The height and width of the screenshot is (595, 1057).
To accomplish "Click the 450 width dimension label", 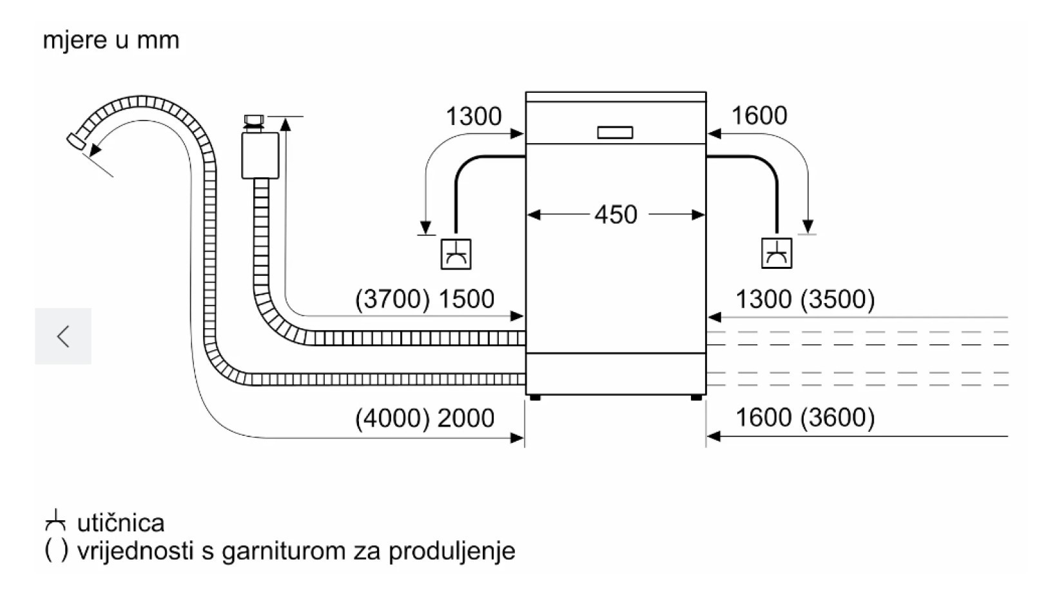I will (616, 215).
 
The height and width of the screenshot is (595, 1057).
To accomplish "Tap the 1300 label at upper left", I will (473, 117).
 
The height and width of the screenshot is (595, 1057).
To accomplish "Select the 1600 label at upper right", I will (759, 116).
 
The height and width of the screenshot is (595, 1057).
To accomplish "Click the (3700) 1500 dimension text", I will (425, 299).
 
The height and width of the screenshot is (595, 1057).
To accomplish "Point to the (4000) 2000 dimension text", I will (425, 418).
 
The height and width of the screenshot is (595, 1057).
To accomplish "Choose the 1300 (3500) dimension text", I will (805, 299).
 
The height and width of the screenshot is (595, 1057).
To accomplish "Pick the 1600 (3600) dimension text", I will (805, 418).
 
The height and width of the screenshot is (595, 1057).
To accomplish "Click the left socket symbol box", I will (456, 254).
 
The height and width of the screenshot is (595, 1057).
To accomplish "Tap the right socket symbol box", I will (776, 253).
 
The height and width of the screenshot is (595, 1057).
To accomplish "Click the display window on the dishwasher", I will (615, 133).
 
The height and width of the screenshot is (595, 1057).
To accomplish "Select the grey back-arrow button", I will (63, 336).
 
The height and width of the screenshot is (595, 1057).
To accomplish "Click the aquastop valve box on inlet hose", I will (260, 155).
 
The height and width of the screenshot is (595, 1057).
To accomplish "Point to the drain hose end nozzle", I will (77, 141).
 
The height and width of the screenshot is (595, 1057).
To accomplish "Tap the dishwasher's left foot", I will (535, 398).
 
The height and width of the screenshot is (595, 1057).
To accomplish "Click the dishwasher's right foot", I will (696, 398).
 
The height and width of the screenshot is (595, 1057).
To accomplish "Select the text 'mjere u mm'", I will (111, 40).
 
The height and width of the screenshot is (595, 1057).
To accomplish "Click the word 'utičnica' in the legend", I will (121, 522).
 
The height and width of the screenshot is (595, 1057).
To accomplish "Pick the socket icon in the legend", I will (56, 521).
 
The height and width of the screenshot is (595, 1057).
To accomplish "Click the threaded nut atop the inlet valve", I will (254, 120).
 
